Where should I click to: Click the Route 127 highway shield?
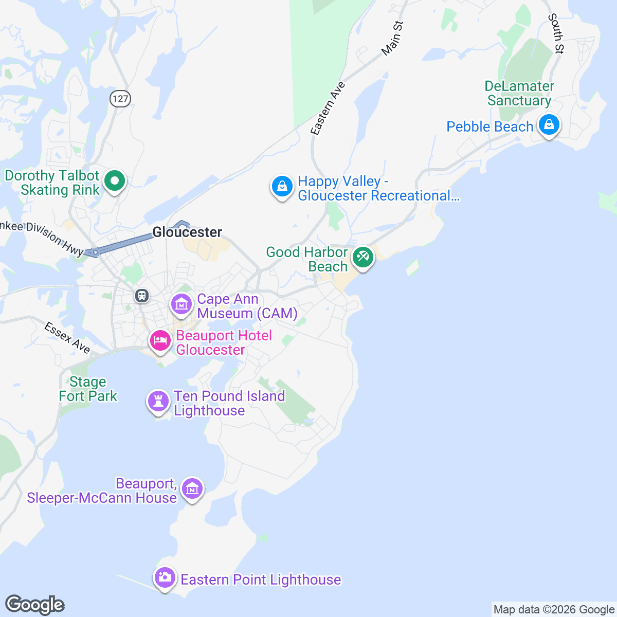click(x=120, y=98)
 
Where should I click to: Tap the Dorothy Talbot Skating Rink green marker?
click(x=115, y=181)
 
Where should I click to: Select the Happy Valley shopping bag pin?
click(x=282, y=187)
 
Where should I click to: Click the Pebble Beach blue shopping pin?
click(x=549, y=125)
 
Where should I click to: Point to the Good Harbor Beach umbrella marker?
click(x=363, y=257)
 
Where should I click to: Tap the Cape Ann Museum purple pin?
click(x=181, y=304)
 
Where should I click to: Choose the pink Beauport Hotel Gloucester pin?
click(x=160, y=341)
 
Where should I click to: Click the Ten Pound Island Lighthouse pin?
click(x=158, y=401)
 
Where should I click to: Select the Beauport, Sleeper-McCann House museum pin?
click(x=192, y=489)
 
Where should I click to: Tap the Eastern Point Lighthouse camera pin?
click(x=165, y=578)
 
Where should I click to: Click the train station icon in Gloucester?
click(x=141, y=296)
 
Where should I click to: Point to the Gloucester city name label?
click(x=187, y=232)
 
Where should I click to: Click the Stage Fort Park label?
click(x=88, y=389)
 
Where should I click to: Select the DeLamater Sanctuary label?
click(x=519, y=93)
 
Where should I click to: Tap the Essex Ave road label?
click(x=67, y=338)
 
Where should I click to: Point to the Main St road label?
click(x=392, y=39)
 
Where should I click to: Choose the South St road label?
click(x=556, y=33)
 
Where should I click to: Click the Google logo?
click(x=34, y=605)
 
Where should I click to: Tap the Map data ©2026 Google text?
click(x=554, y=610)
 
